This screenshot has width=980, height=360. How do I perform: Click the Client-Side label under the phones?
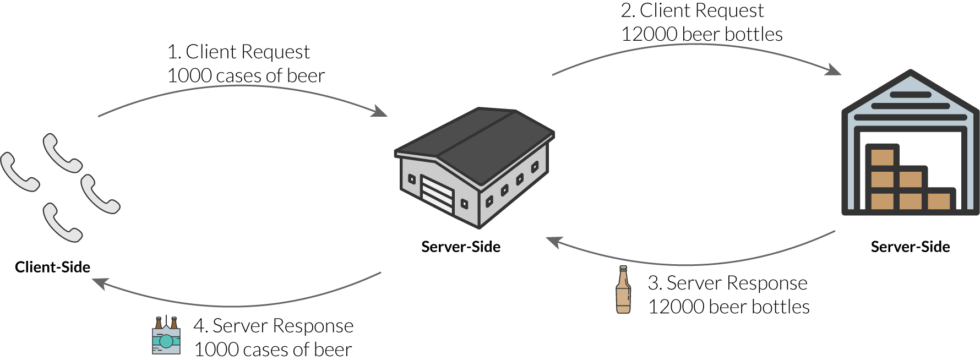pos(52,268)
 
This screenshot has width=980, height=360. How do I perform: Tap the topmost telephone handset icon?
pos(62,153)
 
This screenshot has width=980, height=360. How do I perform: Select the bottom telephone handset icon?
pos(62,223)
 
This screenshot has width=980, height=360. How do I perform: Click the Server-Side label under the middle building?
pos(461,247)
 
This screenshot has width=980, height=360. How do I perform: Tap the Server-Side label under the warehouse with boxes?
pos(910,247)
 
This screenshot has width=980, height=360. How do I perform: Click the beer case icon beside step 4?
pos(166,336)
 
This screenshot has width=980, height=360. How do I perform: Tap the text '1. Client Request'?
pos(238,52)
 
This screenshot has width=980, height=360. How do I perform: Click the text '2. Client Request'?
pos(693,10)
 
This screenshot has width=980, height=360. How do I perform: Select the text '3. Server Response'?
pos(727,283)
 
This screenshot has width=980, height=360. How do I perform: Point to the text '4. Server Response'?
pos(273,326)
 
